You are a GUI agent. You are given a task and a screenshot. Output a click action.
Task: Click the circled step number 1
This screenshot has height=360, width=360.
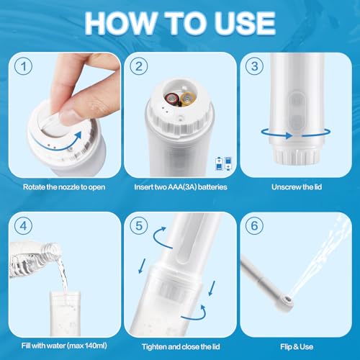coord(24,66)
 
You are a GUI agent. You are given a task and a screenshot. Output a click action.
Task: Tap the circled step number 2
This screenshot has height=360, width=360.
coord(139,66)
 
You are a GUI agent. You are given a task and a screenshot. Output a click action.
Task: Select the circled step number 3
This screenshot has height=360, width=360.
coord(254,66)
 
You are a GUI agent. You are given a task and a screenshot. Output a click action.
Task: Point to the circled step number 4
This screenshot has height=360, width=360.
coord(24,226)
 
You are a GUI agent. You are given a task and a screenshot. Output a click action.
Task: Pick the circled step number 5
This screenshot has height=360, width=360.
coord(139,226)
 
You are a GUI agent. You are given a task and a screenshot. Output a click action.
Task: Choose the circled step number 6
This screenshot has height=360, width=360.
coord(254,226)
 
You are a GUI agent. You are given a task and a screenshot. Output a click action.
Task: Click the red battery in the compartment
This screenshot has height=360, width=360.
coord(172,99)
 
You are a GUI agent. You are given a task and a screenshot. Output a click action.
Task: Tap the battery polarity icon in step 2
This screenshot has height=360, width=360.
coord(223,163)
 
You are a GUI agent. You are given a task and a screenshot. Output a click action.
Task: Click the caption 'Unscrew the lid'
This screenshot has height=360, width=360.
coord(297,187)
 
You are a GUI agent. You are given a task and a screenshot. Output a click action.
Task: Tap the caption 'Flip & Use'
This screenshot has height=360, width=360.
coord(297,346)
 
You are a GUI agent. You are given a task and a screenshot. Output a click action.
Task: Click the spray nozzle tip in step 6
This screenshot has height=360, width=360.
coord(287,299)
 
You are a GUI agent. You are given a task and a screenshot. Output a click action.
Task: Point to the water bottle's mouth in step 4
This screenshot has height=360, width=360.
coord(56,249)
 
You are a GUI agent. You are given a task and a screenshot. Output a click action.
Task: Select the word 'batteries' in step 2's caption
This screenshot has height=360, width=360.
coord(212,187)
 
